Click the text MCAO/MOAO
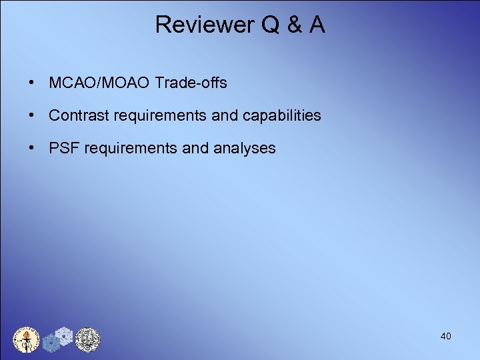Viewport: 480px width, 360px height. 99,83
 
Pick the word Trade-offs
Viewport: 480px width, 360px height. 191,83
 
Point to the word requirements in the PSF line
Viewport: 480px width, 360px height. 130,148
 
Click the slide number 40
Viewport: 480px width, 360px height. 445,337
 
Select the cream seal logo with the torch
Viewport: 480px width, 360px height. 27,339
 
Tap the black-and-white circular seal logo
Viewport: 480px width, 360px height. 87,339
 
